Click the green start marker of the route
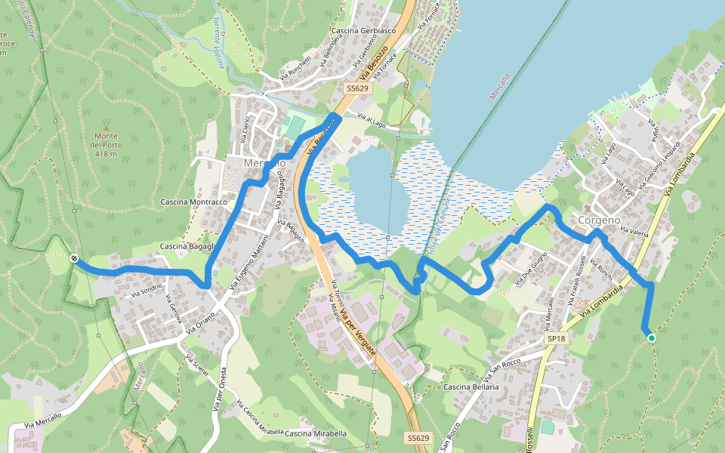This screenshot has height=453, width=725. click(x=651, y=338)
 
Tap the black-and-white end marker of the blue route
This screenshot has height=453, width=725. click(x=74, y=259)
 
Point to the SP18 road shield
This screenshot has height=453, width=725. click(x=556, y=339)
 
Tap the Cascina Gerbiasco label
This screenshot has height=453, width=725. click(x=363, y=31)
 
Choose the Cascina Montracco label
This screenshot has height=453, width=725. click(x=194, y=202)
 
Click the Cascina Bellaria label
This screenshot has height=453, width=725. click(x=471, y=387)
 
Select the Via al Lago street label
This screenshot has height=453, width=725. click(x=372, y=119)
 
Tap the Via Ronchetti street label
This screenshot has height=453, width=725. click(x=295, y=69)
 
